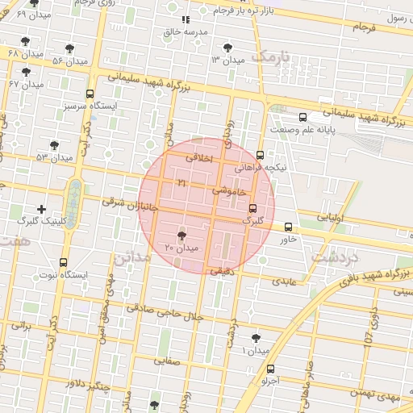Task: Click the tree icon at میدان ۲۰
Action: tap(180, 235)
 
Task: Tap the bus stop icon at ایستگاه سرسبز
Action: tap(90, 94)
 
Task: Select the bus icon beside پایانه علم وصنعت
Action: tap(302, 117)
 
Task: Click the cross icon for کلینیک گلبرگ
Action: tap(41, 210)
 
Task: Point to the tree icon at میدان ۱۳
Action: tap(232, 48)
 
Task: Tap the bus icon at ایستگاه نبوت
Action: tap(64, 262)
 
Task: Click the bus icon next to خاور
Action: tap(289, 227)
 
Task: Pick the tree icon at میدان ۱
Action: tap(257, 338)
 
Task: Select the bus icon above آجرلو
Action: tap(269, 368)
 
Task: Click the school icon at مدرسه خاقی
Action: tap(186, 19)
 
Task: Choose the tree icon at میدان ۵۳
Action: tap(54, 146)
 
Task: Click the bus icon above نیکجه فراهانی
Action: tap(260, 155)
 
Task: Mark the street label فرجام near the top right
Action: tap(365, 27)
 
